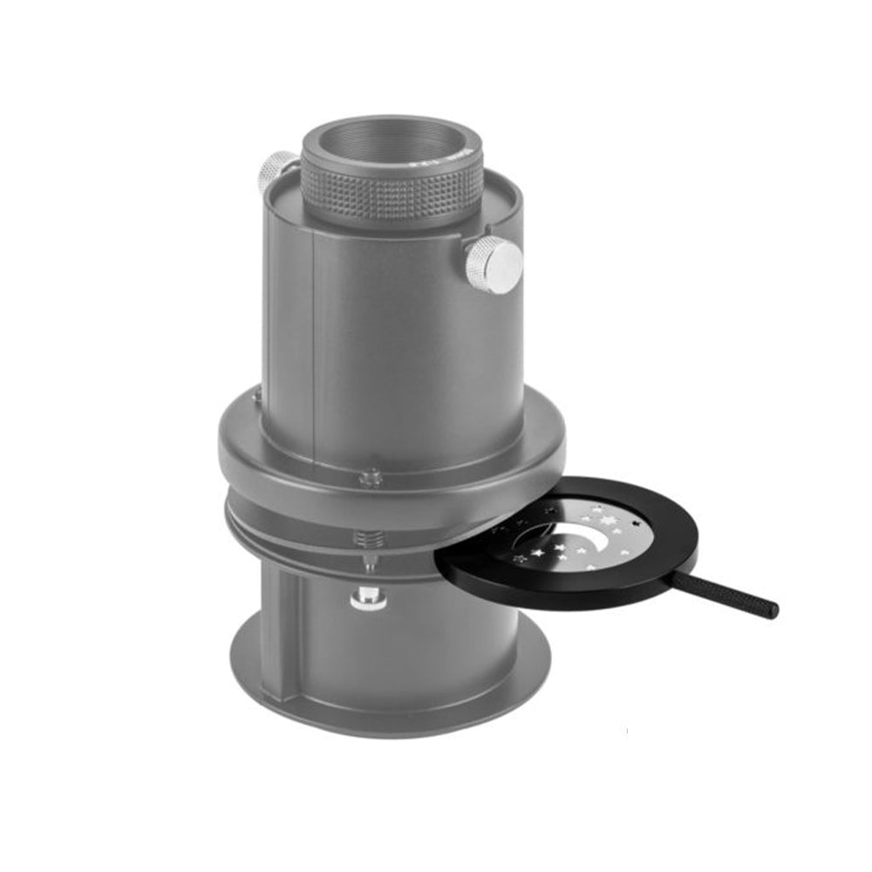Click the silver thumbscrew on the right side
tap(494, 261)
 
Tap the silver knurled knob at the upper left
tap(278, 169)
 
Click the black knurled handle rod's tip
tap(772, 611)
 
